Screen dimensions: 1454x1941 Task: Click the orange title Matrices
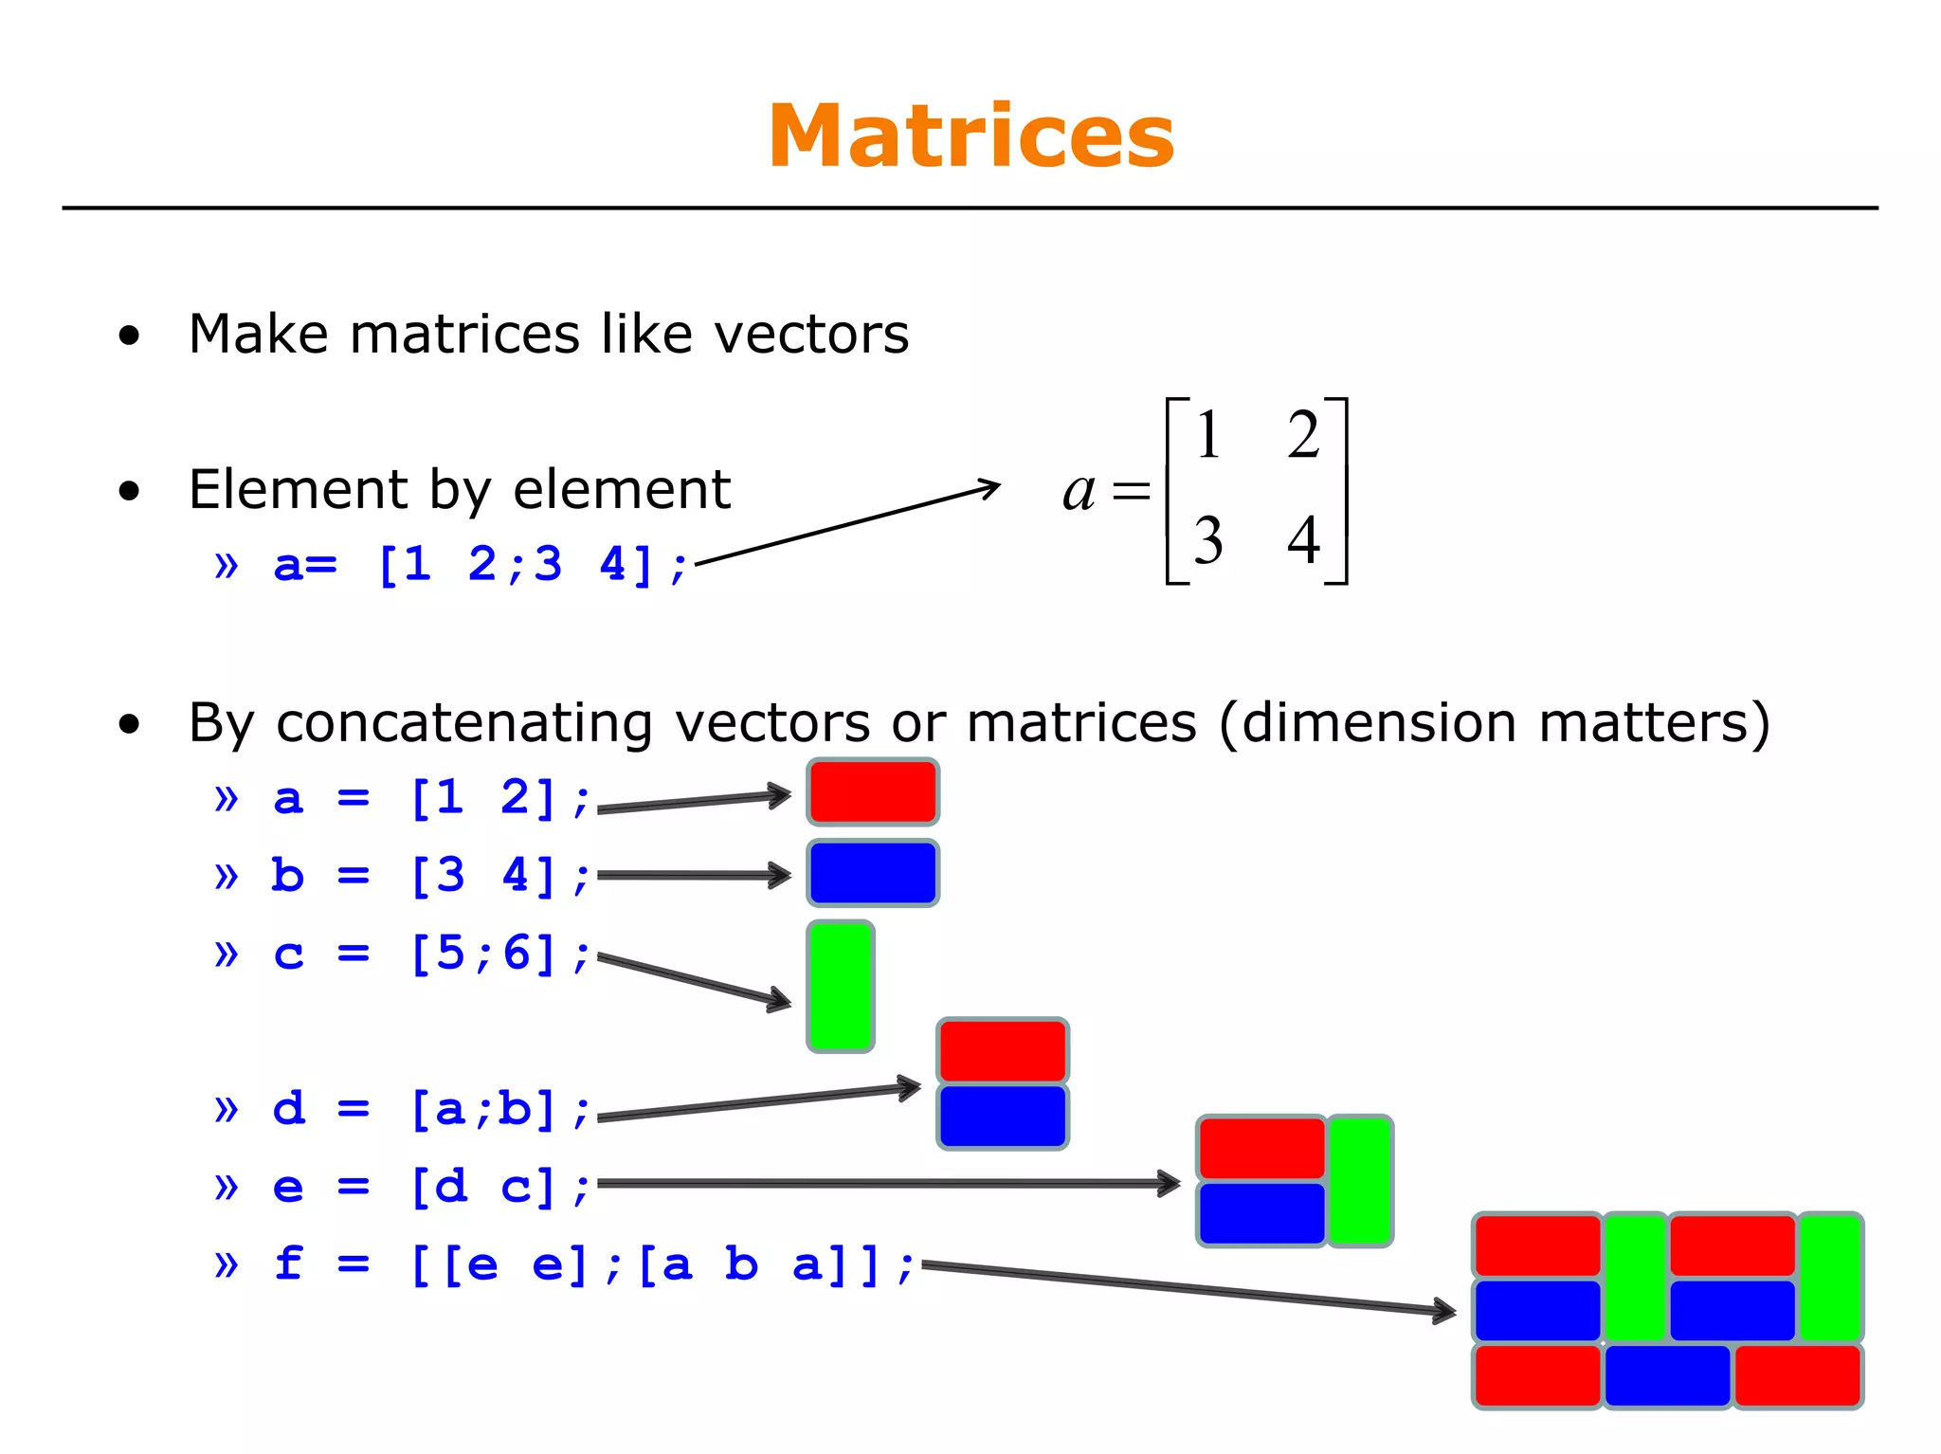tap(970, 137)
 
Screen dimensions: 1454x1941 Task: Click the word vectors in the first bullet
tap(810, 335)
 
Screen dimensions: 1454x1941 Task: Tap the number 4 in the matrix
tap(1303, 539)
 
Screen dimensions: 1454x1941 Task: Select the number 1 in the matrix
tap(1207, 435)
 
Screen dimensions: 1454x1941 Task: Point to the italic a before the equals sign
tap(1079, 491)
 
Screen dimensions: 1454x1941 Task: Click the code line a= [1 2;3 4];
tap(479, 565)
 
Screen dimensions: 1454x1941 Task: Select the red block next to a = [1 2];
tap(873, 792)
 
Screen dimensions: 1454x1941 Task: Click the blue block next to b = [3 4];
tap(873, 873)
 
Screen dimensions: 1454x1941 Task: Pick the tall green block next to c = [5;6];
tap(840, 987)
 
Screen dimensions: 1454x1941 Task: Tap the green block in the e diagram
tap(1359, 1180)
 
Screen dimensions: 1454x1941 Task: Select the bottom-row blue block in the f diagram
tap(1667, 1375)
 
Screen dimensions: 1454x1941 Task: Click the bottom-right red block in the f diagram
tap(1797, 1375)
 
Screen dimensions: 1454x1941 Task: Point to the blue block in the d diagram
tap(1003, 1117)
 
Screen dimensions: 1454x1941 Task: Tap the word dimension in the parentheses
tap(1381, 723)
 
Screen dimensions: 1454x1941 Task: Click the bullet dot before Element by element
tap(130, 492)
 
